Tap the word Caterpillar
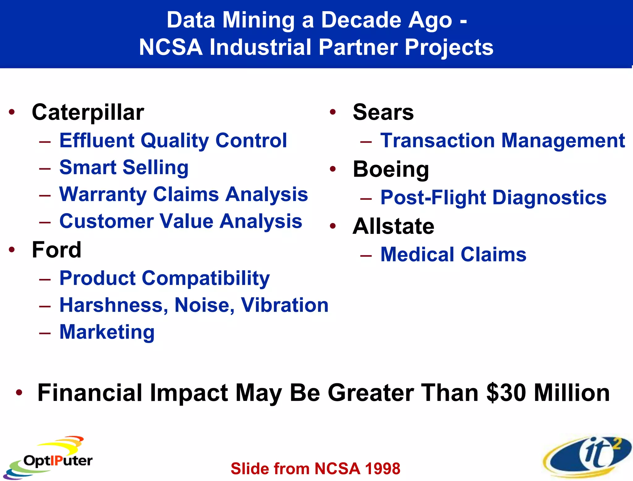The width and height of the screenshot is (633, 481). (x=88, y=112)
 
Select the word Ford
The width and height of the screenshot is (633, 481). (x=57, y=250)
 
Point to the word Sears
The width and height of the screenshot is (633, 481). (x=383, y=112)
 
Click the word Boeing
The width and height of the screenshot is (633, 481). (x=391, y=170)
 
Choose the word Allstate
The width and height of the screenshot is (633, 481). (x=393, y=226)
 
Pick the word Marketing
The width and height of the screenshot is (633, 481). (x=107, y=332)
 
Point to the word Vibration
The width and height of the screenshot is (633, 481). (x=284, y=305)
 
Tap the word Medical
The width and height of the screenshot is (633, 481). (x=418, y=255)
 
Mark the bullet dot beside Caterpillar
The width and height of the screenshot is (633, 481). (x=12, y=112)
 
